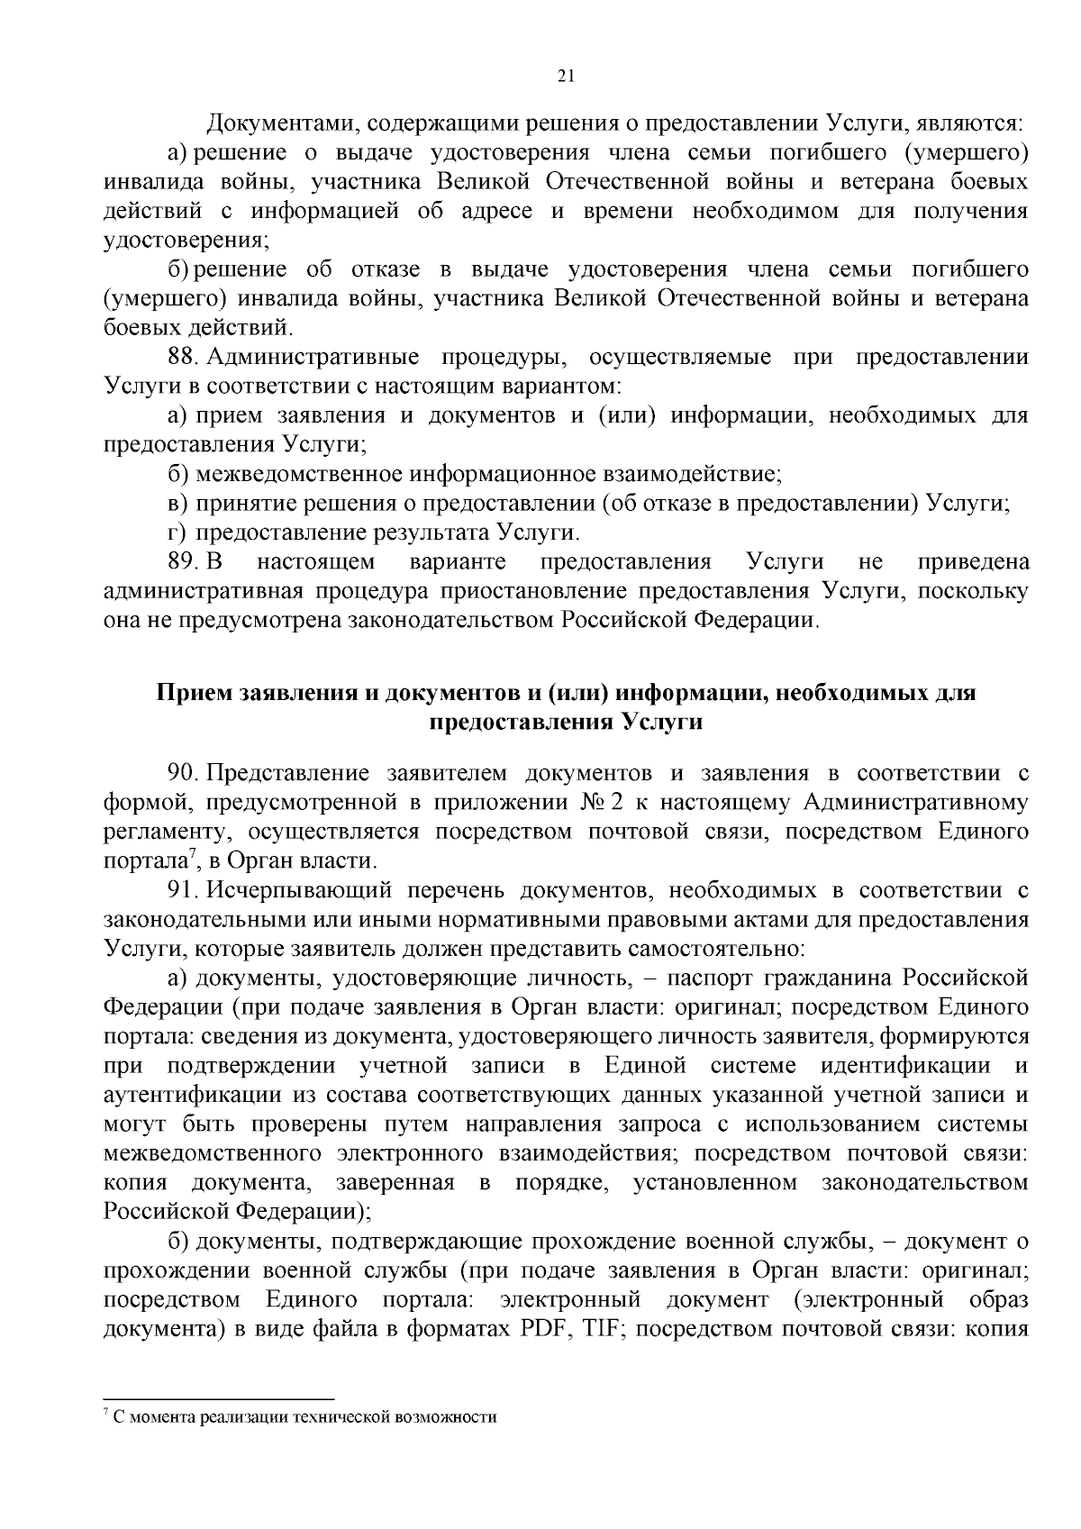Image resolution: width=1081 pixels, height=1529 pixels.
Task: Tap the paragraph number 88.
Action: point(181,357)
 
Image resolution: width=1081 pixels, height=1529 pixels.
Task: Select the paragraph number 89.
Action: point(181,562)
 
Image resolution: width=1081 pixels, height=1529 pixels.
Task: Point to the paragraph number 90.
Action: point(182,773)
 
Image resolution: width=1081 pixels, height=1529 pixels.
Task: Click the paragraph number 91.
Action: point(181,890)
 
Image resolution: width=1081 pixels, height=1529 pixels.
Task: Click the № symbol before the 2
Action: point(598,802)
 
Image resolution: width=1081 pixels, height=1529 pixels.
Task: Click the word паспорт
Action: point(808,978)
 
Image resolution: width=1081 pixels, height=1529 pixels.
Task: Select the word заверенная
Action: point(395,1182)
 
